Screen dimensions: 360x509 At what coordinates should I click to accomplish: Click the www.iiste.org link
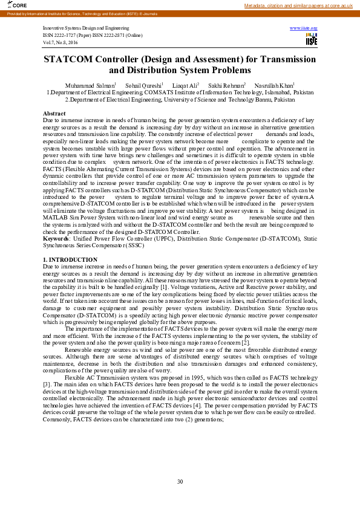tap(304, 28)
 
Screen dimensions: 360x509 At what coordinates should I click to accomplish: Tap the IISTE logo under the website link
tap(311, 40)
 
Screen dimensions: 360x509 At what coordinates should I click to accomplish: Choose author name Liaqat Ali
tap(184, 86)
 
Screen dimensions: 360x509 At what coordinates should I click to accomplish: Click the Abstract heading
tap(54, 114)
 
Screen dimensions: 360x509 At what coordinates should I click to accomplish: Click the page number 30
tap(180, 481)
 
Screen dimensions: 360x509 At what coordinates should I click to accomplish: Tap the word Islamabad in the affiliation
tap(266, 92)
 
